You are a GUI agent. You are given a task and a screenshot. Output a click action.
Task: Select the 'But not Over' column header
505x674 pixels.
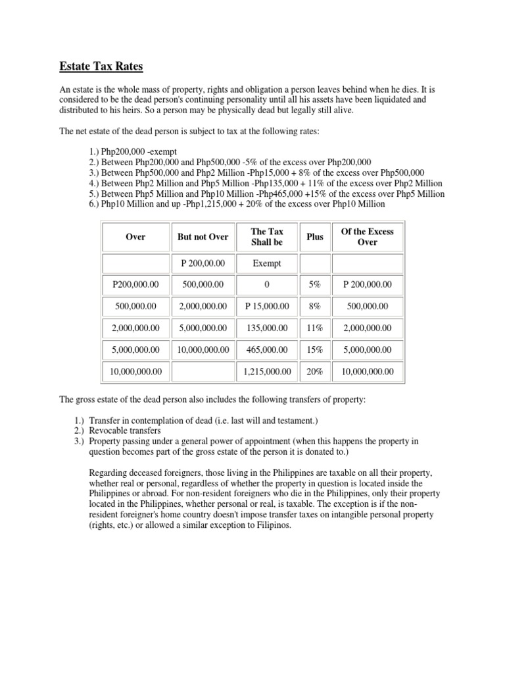(x=203, y=237)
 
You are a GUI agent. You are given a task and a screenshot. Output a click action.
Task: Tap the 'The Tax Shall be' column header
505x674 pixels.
(x=266, y=237)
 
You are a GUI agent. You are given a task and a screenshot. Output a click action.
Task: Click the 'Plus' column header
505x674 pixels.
(x=314, y=237)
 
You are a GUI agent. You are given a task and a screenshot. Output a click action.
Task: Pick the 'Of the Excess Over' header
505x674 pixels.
(x=367, y=237)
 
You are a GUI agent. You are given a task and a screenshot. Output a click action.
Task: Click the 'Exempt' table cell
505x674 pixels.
(x=266, y=263)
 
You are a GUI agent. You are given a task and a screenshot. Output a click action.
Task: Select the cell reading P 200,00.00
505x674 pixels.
(x=203, y=263)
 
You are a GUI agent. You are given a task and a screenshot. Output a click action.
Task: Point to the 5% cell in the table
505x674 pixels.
(x=314, y=284)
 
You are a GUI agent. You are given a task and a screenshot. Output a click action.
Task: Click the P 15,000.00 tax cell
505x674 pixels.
(x=266, y=306)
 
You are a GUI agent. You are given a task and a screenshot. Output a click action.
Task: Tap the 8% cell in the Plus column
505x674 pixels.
(x=314, y=306)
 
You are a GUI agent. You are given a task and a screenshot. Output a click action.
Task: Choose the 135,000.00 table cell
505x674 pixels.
(x=266, y=328)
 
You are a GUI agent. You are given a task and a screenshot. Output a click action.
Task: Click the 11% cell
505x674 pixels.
(x=314, y=328)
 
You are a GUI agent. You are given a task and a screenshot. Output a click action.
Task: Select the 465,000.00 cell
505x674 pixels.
(x=266, y=350)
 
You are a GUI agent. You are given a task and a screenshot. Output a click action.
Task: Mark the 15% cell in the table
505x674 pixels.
(x=314, y=350)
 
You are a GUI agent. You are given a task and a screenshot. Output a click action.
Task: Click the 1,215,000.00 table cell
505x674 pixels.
(x=266, y=371)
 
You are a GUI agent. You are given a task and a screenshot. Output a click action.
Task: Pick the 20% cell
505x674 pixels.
(x=314, y=371)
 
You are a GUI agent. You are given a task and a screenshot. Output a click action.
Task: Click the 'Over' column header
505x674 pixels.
(x=135, y=237)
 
